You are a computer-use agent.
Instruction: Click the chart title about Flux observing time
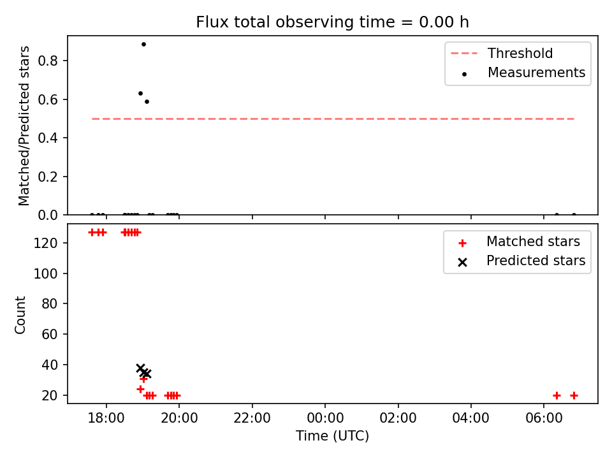332,22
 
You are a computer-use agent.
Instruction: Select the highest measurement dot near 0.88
143,45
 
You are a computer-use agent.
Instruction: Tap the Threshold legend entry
502,53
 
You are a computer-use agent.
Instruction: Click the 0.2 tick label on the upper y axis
48,177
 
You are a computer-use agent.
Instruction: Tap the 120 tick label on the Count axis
45,243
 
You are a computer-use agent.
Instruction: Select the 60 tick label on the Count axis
50,335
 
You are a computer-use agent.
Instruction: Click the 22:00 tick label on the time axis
252,418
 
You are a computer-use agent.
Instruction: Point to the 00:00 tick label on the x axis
325,418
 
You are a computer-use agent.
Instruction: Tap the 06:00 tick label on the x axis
544,418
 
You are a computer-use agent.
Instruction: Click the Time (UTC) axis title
332,436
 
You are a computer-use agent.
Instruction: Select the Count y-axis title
20,315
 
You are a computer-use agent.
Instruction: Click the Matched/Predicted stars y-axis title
24,126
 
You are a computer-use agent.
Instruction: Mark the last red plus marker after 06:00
574,396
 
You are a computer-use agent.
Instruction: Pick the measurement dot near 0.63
140,94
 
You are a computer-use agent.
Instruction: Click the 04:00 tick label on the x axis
470,418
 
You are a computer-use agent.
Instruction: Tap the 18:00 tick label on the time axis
106,418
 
